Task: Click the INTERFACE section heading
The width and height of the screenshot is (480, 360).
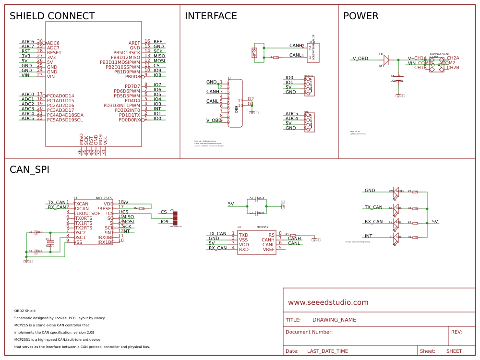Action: pyautogui.click(x=211, y=16)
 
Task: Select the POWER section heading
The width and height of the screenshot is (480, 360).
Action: pyautogui.click(x=360, y=16)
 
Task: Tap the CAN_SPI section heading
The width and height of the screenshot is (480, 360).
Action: pyautogui.click(x=29, y=169)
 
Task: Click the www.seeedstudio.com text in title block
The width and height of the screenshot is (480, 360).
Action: pyautogui.click(x=328, y=302)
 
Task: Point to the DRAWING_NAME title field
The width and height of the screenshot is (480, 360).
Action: pyautogui.click(x=334, y=320)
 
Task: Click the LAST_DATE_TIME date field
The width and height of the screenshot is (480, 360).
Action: pyautogui.click(x=327, y=351)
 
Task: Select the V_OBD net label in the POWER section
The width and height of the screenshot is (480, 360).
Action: pyautogui.click(x=360, y=59)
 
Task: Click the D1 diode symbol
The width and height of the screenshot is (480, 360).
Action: pyautogui.click(x=386, y=60)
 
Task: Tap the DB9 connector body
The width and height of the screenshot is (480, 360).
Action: pyautogui.click(x=235, y=104)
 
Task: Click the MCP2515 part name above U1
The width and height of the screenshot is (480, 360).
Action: pyautogui.click(x=104, y=198)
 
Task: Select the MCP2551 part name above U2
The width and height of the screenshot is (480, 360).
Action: pyautogui.click(x=262, y=227)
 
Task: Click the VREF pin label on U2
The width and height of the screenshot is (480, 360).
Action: pyautogui.click(x=269, y=249)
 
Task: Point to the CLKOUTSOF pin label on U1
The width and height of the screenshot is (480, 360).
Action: pyautogui.click(x=87, y=213)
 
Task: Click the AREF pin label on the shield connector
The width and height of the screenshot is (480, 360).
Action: pyautogui.click(x=134, y=43)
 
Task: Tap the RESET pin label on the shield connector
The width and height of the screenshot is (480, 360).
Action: pyautogui.click(x=54, y=53)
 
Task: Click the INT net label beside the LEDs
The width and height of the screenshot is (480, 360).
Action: pyautogui.click(x=368, y=236)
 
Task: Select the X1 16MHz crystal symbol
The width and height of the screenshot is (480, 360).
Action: pyautogui.click(x=50, y=243)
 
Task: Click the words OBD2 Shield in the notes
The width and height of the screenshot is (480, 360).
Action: pyautogui.click(x=25, y=311)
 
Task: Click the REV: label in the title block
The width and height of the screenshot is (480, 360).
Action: pyautogui.click(x=456, y=332)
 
